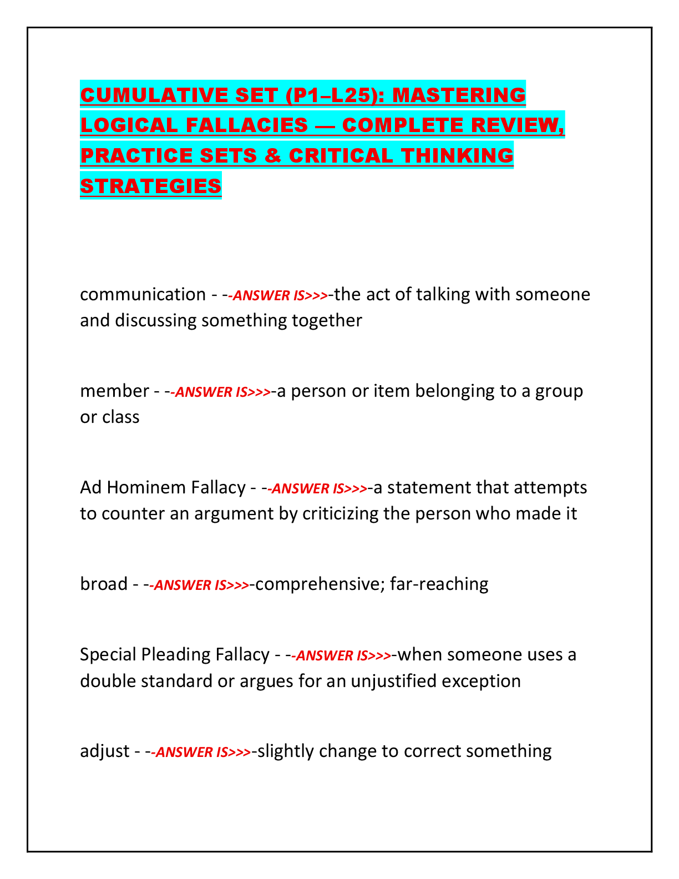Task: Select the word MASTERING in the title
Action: pos(459,95)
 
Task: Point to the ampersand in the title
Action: pos(272,156)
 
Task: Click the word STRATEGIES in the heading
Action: pos(151,186)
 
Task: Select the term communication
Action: pos(143,295)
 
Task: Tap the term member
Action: pos(114,391)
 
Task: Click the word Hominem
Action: pos(176,488)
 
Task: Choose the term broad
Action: pos(104,584)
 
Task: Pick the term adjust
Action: pos(105,751)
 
